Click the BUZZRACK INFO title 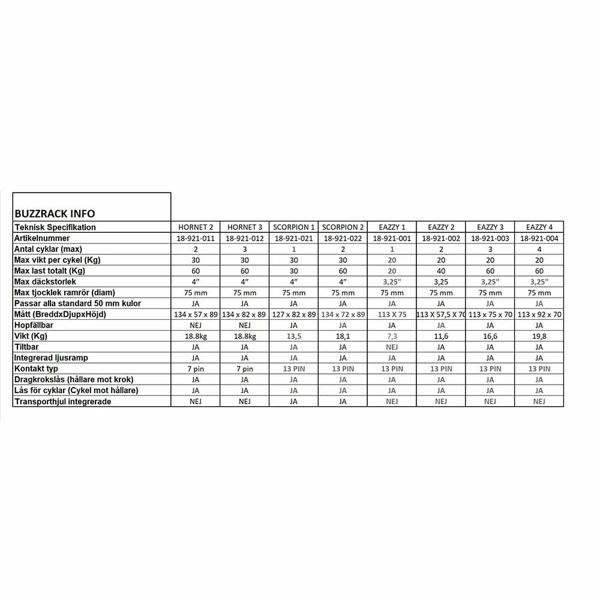(x=55, y=213)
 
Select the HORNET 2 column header (x=196, y=227)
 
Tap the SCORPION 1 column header (x=293, y=227)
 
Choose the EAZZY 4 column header (x=539, y=227)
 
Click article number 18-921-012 (x=244, y=238)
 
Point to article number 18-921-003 (x=490, y=238)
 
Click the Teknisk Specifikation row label (x=55, y=227)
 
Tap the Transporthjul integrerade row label (x=63, y=401)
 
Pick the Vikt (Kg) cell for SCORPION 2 (x=343, y=336)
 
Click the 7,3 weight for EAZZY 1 (x=392, y=336)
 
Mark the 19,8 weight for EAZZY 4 (x=539, y=336)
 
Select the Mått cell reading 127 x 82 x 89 (x=293, y=314)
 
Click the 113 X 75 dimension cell (x=392, y=314)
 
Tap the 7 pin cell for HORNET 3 (x=244, y=369)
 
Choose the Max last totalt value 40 (x=441, y=271)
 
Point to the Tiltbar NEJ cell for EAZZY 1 (x=392, y=347)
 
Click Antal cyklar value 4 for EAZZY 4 (x=539, y=249)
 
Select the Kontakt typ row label (x=37, y=369)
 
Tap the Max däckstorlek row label (x=46, y=281)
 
